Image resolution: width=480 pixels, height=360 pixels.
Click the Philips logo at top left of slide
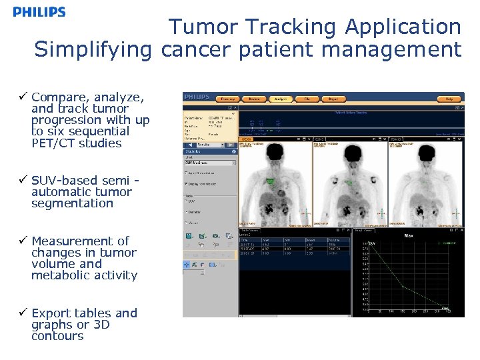(x=39, y=12)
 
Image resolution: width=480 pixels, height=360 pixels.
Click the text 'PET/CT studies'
(x=76, y=143)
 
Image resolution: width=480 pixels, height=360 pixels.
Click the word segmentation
(x=72, y=203)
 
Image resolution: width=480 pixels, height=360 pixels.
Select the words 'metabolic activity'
(x=84, y=275)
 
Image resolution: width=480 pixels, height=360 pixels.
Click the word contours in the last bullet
(x=57, y=336)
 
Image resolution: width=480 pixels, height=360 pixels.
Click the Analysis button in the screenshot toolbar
(x=281, y=99)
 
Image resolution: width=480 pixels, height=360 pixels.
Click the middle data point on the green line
(x=402, y=287)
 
